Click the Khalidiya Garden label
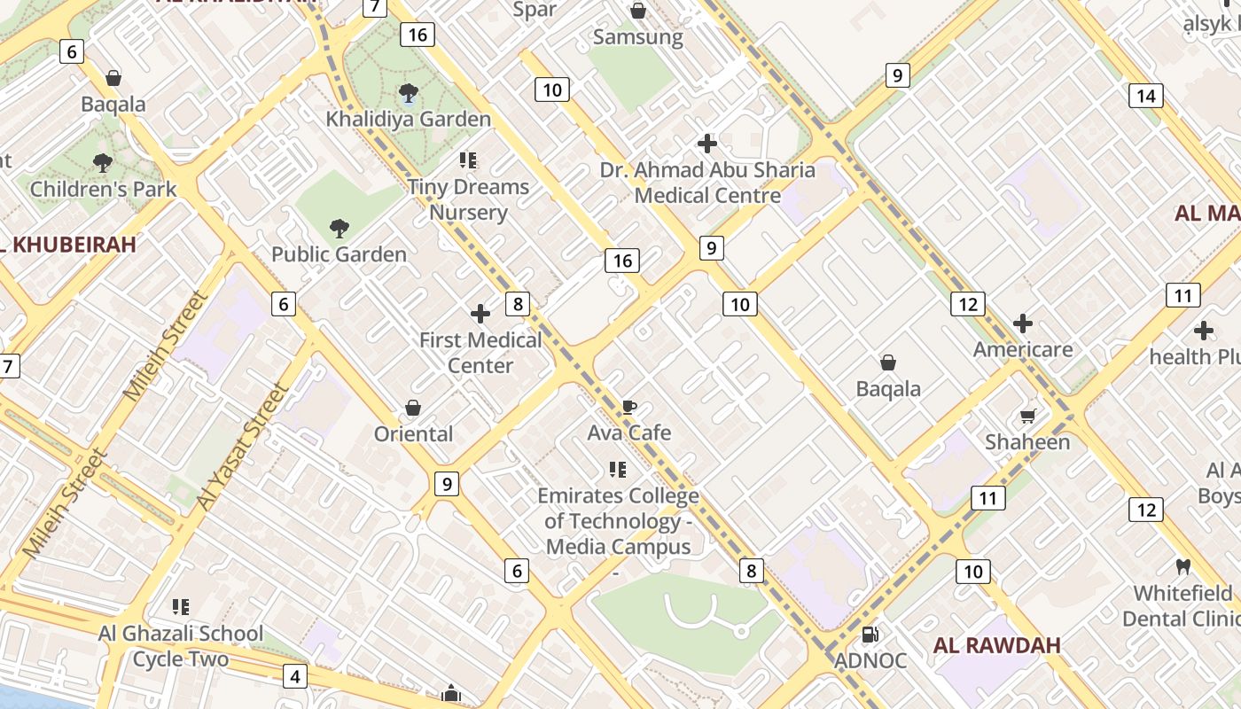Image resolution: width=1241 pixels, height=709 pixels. pyautogui.click(x=408, y=119)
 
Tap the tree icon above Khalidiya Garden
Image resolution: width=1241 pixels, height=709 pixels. pyautogui.click(x=408, y=92)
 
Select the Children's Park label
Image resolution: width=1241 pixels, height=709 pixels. pyautogui.click(x=103, y=189)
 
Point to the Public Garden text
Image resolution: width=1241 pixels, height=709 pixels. pyautogui.click(x=339, y=254)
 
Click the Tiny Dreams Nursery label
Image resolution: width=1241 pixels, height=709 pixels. pyautogui.click(x=468, y=199)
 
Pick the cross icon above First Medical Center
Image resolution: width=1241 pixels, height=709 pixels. pyautogui.click(x=480, y=314)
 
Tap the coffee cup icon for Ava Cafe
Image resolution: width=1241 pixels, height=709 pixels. pyautogui.click(x=628, y=407)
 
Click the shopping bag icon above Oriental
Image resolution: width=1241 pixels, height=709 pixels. pyautogui.click(x=412, y=408)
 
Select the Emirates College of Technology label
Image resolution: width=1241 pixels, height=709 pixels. pyautogui.click(x=618, y=521)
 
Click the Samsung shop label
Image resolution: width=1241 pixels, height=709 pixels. pyautogui.click(x=637, y=37)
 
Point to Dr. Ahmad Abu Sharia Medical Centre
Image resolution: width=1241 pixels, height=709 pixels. pyautogui.click(x=707, y=183)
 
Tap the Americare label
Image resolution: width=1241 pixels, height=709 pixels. pyautogui.click(x=1023, y=349)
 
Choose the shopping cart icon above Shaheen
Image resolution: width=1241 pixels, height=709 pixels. pyautogui.click(x=1028, y=416)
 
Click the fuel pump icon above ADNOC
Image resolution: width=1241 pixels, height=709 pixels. pyautogui.click(x=870, y=634)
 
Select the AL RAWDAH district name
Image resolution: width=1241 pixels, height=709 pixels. pyautogui.click(x=996, y=645)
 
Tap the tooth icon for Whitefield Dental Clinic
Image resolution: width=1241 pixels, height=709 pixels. pyautogui.click(x=1182, y=566)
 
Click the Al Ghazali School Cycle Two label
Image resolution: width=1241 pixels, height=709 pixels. pyautogui.click(x=181, y=646)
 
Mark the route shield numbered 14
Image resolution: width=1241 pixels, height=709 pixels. pyautogui.click(x=1145, y=96)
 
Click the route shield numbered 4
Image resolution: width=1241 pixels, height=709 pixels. pyautogui.click(x=294, y=677)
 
